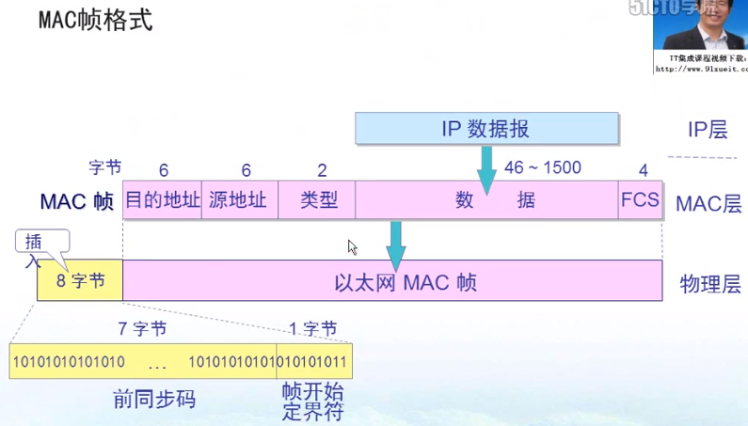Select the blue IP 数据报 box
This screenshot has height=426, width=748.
tap(486, 129)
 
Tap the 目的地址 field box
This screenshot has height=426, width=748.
tap(163, 200)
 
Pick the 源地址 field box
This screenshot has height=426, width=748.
tap(239, 200)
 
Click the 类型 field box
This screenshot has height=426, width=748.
tap(318, 200)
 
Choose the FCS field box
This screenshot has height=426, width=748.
tap(640, 200)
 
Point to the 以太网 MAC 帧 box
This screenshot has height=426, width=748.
tap(392, 281)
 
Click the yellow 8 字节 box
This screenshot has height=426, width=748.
tap(80, 281)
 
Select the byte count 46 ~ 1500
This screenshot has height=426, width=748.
tap(543, 167)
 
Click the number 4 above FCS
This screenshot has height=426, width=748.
tap(644, 170)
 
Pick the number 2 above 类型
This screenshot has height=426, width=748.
tap(322, 170)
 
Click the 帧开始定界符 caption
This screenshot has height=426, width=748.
tap(312, 401)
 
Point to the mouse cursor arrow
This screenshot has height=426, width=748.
tap(352, 246)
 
